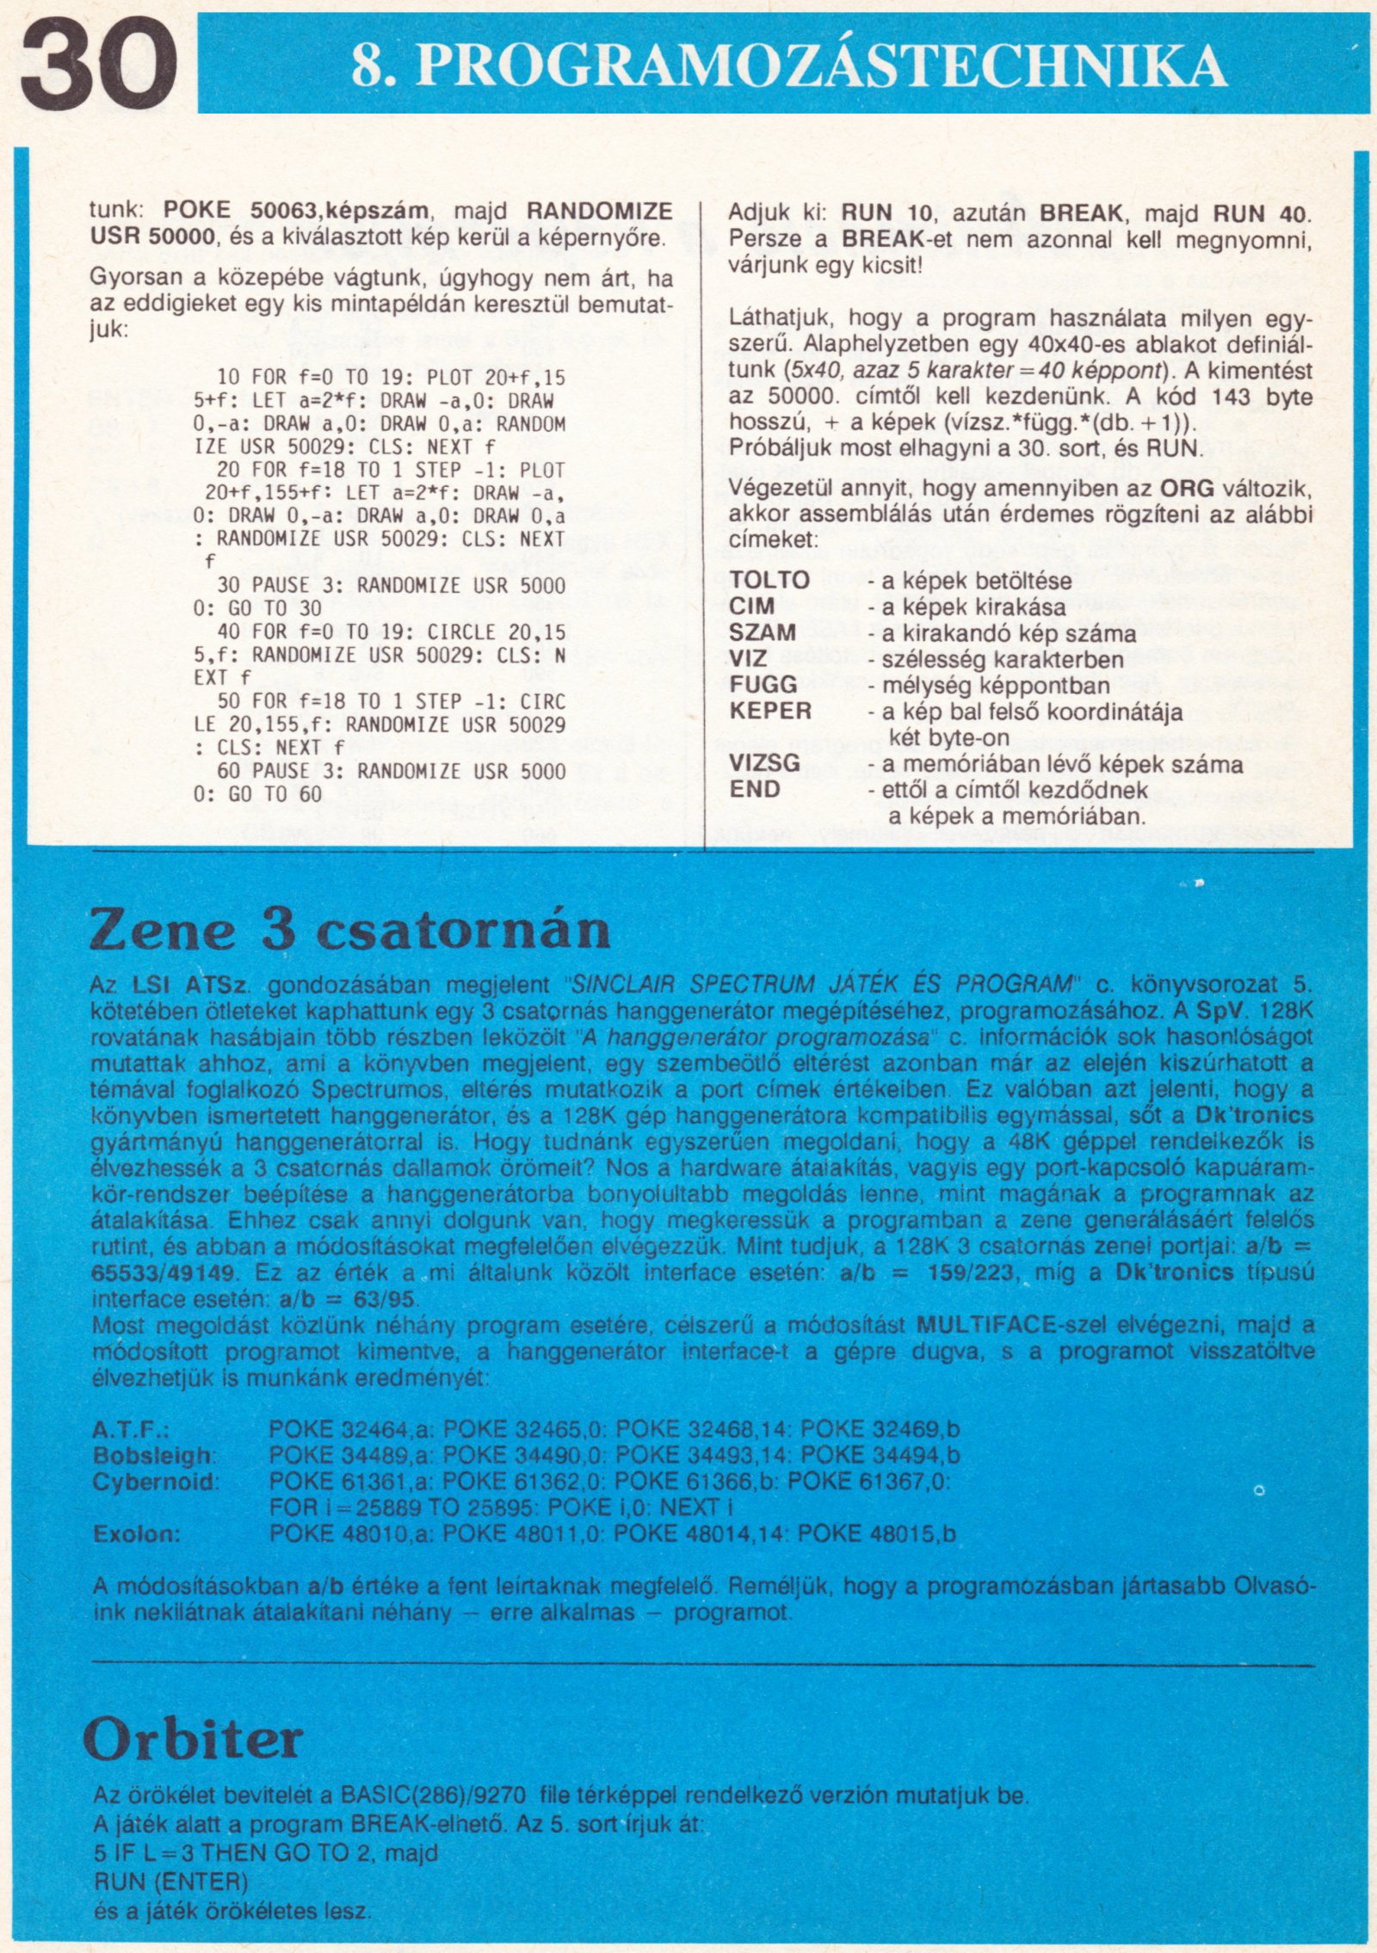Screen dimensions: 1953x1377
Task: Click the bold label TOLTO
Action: point(769,580)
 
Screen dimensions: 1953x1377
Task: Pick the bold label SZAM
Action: point(763,632)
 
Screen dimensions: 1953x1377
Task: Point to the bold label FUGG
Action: point(763,685)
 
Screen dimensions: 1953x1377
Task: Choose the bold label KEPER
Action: point(770,711)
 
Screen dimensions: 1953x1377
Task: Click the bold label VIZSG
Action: point(765,763)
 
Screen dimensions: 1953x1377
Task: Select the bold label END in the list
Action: point(755,789)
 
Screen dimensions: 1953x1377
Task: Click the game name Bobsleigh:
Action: point(154,1456)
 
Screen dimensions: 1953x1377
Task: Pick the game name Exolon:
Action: point(136,1534)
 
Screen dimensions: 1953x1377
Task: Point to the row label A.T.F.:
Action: point(130,1430)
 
